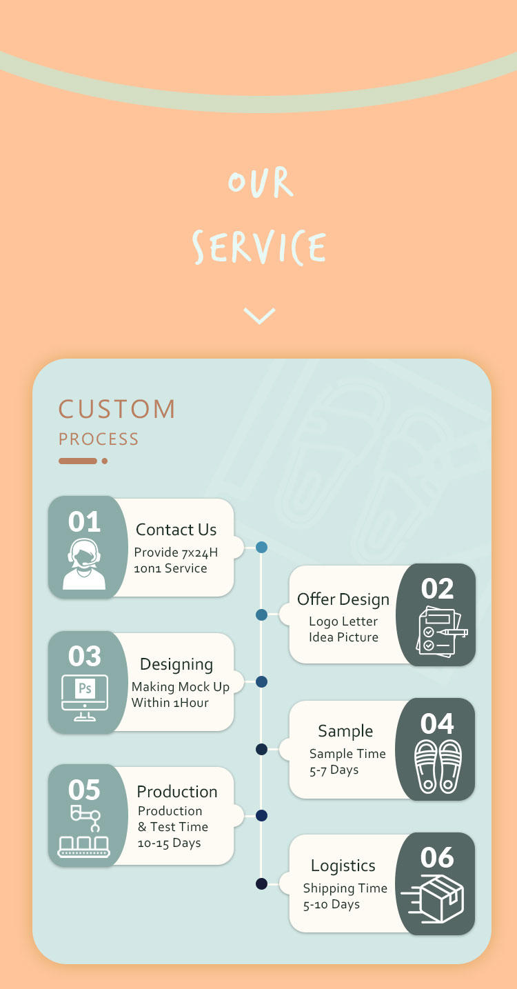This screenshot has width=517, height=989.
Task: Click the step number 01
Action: point(84,522)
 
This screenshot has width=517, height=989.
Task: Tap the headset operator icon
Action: point(84,564)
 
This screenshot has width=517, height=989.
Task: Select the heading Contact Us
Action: point(176,530)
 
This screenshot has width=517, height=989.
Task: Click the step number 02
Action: point(437,589)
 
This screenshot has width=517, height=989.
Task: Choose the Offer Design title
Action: point(343,599)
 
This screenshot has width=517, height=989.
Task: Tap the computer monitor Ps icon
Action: point(85,697)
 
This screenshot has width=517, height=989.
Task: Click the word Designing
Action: point(176,664)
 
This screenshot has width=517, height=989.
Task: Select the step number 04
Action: point(437,723)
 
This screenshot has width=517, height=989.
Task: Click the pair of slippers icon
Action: point(438,766)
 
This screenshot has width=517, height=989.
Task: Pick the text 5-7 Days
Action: point(334,770)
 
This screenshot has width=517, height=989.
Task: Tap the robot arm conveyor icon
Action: point(84,831)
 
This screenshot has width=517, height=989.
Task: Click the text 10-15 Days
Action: point(169,843)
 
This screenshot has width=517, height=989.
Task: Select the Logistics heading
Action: point(343,866)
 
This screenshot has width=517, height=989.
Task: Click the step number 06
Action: point(437,858)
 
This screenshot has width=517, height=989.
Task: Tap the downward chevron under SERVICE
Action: point(259,316)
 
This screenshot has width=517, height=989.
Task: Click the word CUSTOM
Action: point(117,409)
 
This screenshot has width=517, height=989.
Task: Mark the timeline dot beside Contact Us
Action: point(261,548)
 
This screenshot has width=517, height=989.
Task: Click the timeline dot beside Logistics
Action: point(261,883)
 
